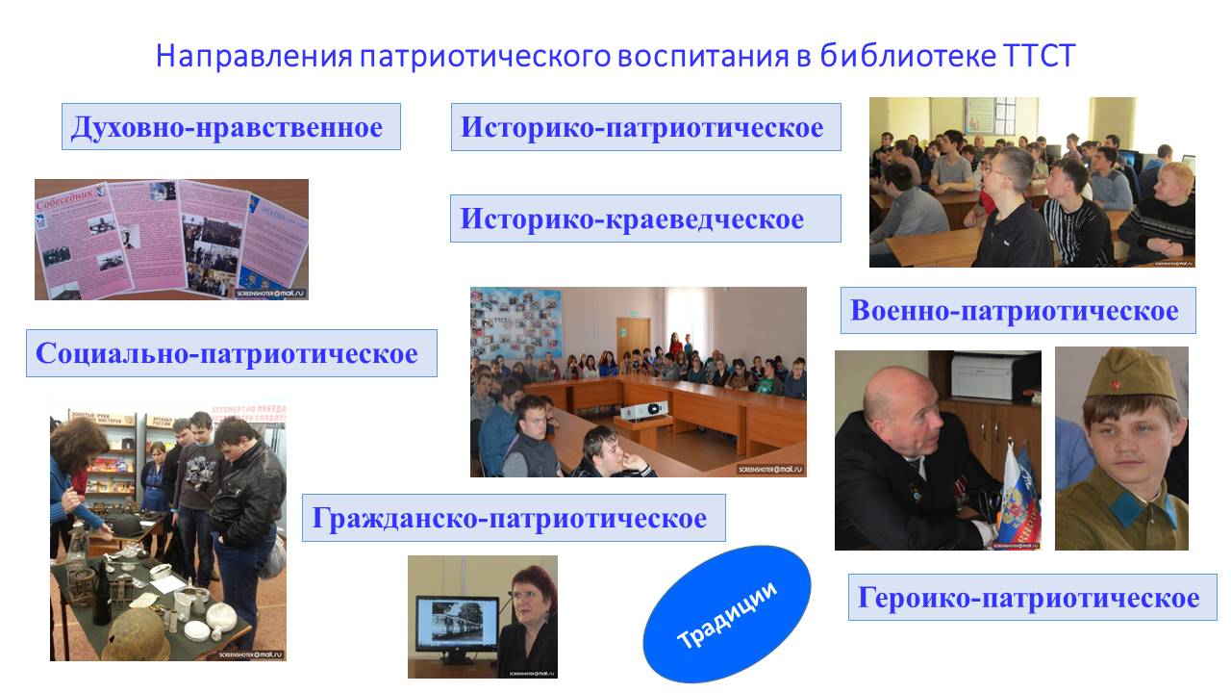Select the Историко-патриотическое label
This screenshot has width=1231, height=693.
(x=643, y=127)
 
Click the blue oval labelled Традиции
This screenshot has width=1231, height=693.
(x=727, y=613)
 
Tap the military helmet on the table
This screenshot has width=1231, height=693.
(x=135, y=634)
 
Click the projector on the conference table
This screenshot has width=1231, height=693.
(x=642, y=409)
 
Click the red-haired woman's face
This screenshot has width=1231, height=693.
(x=528, y=601)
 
